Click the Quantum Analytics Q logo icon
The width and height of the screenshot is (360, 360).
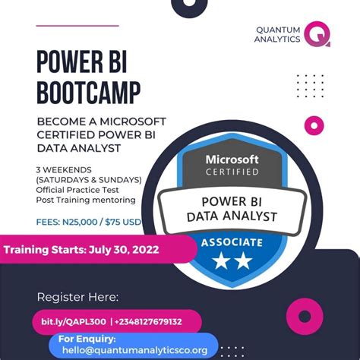[317, 34]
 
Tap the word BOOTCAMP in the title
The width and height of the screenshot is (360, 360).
[89, 93]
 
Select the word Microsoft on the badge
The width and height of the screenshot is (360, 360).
[232, 159]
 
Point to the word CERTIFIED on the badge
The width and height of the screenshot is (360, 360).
[232, 172]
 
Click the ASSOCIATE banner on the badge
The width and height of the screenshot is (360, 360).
[232, 243]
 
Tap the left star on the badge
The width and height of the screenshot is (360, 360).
[220, 262]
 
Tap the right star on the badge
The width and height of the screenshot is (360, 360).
[244, 262]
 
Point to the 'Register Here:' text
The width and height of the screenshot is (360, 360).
[77, 297]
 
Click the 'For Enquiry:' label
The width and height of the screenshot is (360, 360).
[87, 338]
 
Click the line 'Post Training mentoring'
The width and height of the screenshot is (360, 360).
[86, 200]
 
